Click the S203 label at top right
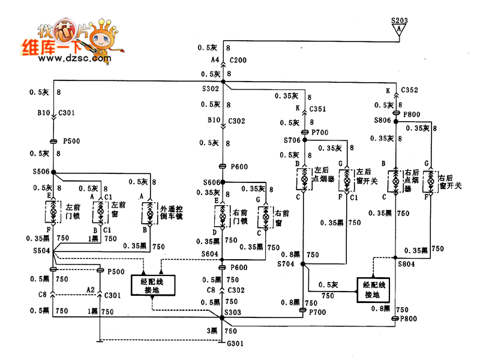(x=400, y=20)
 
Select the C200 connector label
(x=238, y=61)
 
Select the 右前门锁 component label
(x=241, y=217)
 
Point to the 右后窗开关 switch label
(x=449, y=182)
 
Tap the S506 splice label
(x=40, y=172)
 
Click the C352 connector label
(x=410, y=90)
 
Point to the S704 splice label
(x=286, y=263)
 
